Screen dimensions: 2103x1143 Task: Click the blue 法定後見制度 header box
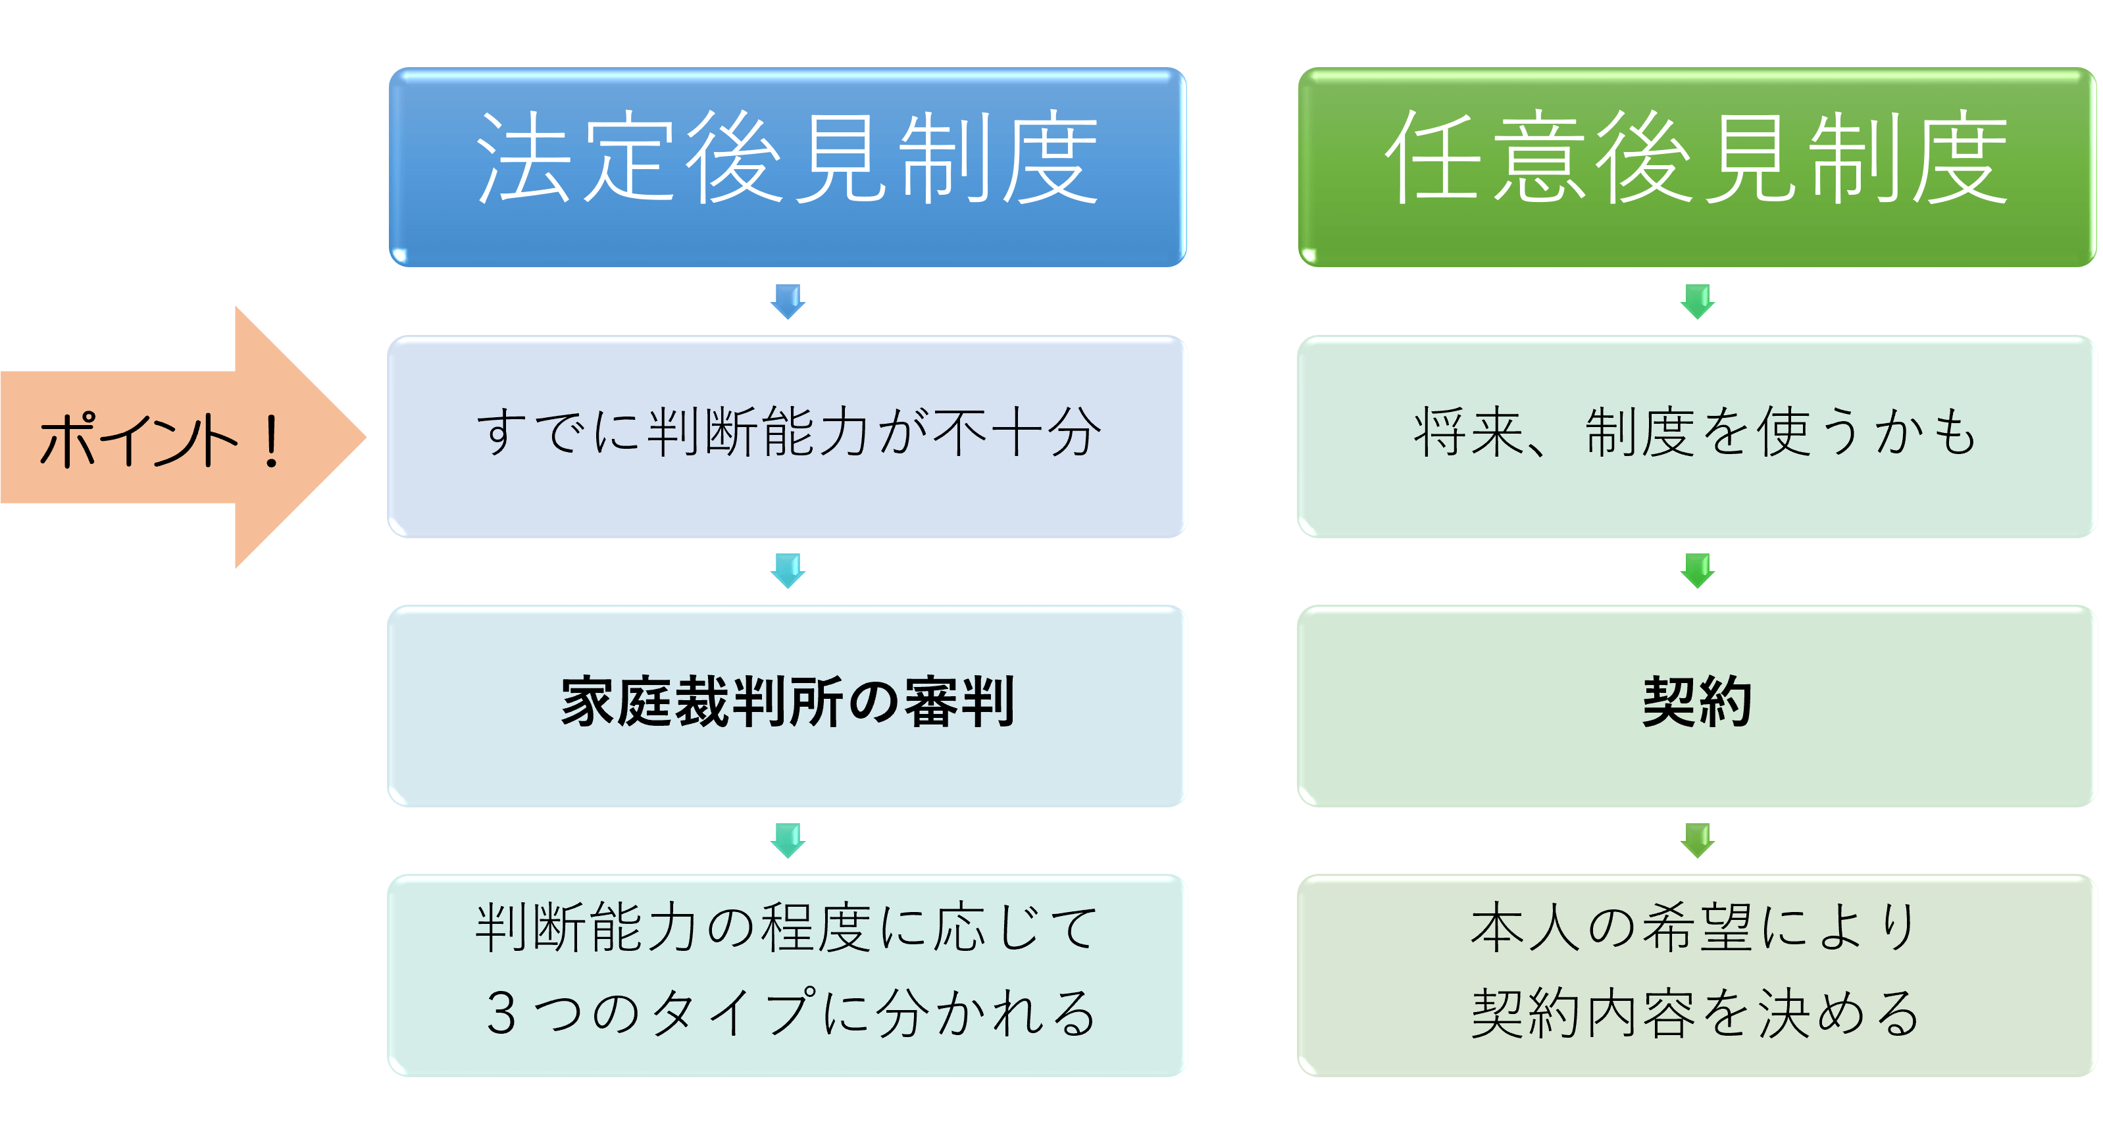pyautogui.click(x=787, y=167)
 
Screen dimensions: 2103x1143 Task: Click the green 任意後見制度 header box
pyautogui.click(x=1696, y=167)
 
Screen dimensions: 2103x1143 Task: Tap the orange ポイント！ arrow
pyautogui.click(x=184, y=437)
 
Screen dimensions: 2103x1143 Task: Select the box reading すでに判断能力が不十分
pyautogui.click(x=786, y=437)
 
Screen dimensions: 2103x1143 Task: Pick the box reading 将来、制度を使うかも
pyautogui.click(x=1696, y=437)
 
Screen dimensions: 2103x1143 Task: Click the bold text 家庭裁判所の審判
pyautogui.click(x=788, y=702)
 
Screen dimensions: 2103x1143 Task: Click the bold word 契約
pyautogui.click(x=1697, y=702)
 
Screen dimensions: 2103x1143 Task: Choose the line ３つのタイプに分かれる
pyautogui.click(x=790, y=1012)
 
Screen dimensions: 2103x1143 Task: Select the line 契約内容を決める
pyautogui.click(x=1696, y=1012)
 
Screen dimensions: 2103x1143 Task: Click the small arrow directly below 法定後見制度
pyautogui.click(x=788, y=301)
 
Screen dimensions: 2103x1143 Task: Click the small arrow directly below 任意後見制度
pyautogui.click(x=1697, y=301)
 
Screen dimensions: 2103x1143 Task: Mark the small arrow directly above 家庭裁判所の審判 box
pyautogui.click(x=788, y=571)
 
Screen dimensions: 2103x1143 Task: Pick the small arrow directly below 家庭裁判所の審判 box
pyautogui.click(x=788, y=840)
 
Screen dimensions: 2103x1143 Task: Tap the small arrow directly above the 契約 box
pyautogui.click(x=1697, y=571)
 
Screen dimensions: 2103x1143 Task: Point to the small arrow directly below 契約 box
pyautogui.click(x=1697, y=840)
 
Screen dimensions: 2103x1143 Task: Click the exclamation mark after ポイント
pyautogui.click(x=271, y=441)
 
